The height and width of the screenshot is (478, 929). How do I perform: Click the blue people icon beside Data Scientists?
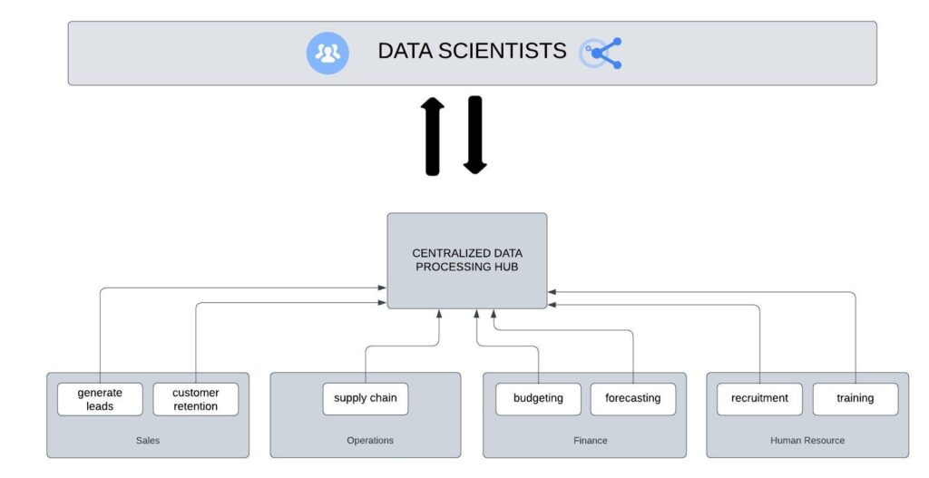pyautogui.click(x=327, y=53)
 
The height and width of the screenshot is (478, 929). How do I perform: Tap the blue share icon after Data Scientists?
pyautogui.click(x=601, y=53)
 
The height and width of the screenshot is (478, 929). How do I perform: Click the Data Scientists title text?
pyautogui.click(x=472, y=52)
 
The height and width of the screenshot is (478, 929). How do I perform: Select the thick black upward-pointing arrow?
pyautogui.click(x=433, y=136)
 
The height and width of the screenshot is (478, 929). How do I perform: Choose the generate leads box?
pyautogui.click(x=100, y=399)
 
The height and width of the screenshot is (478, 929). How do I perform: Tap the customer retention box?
pyautogui.click(x=195, y=399)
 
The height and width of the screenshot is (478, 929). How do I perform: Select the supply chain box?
pyautogui.click(x=366, y=398)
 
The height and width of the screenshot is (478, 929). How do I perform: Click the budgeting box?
pyautogui.click(x=538, y=398)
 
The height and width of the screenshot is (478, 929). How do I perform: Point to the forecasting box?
pyautogui.click(x=633, y=398)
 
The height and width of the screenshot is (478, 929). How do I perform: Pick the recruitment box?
pyautogui.click(x=759, y=398)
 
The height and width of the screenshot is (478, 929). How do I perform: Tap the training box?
pyautogui.click(x=855, y=398)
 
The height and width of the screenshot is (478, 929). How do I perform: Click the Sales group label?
pyautogui.click(x=148, y=441)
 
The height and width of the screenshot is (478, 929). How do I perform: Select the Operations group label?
pyautogui.click(x=370, y=441)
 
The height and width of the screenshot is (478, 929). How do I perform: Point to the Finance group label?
pyautogui.click(x=591, y=441)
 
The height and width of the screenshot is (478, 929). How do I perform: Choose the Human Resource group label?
pyautogui.click(x=807, y=441)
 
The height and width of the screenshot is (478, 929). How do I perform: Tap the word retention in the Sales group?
pyautogui.click(x=196, y=406)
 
